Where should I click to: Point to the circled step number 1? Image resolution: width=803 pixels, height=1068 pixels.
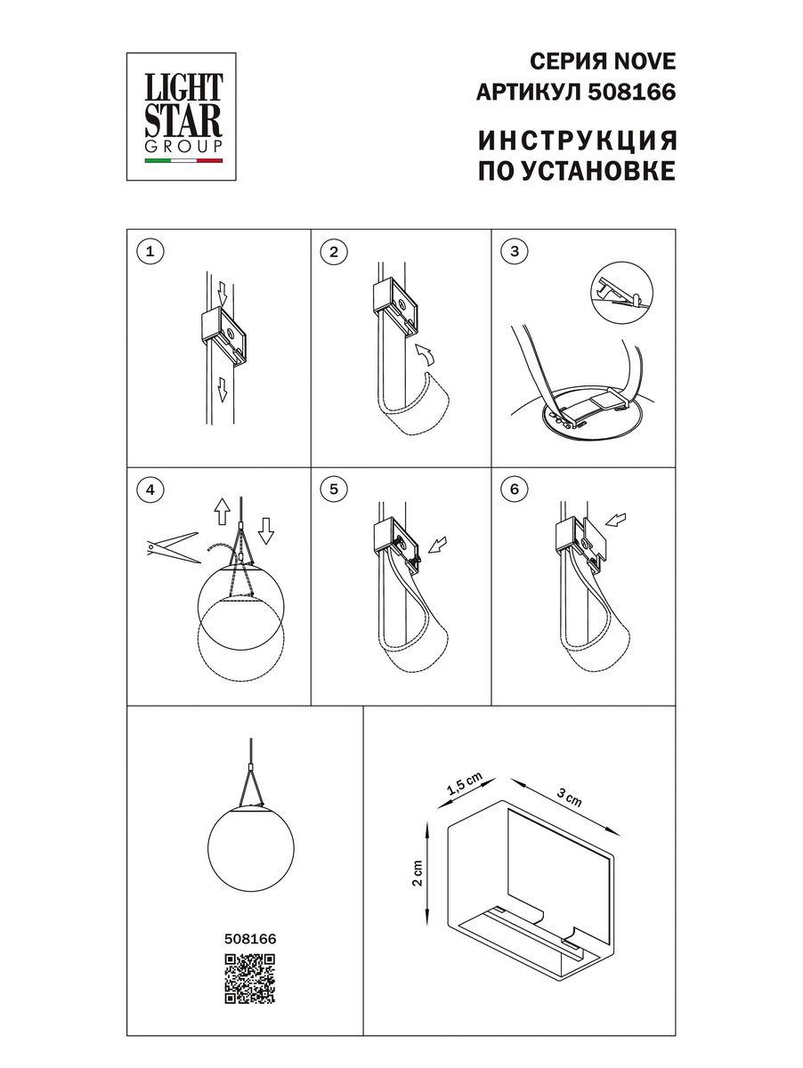point(150,252)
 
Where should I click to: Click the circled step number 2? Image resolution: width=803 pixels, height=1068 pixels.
point(333,252)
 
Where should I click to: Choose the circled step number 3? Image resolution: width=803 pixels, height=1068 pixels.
point(514,252)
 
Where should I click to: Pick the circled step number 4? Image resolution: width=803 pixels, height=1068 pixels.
point(150,489)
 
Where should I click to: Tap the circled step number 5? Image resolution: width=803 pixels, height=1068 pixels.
point(333,489)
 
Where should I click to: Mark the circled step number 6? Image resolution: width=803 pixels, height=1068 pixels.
point(514,489)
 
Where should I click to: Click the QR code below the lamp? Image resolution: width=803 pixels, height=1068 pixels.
point(249,979)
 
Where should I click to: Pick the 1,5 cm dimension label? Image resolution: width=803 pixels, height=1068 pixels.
point(464,783)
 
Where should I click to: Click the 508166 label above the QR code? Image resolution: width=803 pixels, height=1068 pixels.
point(249,938)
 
